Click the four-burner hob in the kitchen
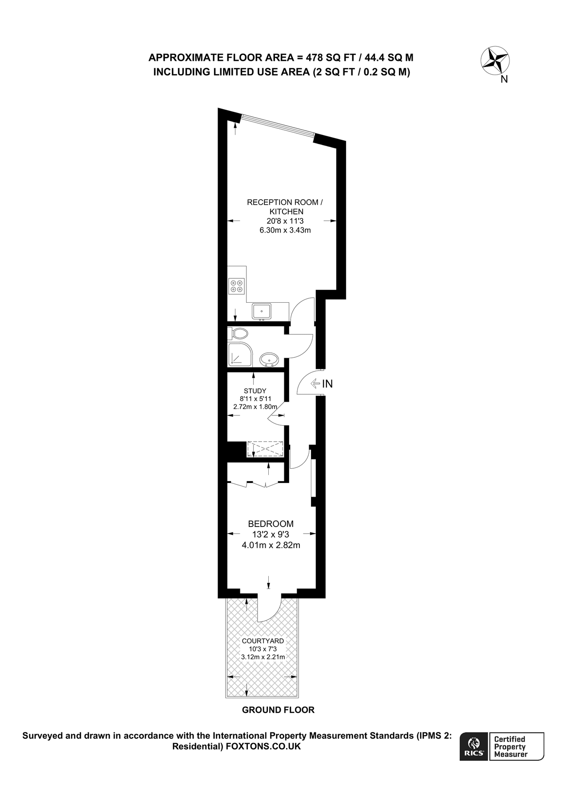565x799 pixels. click(x=236, y=285)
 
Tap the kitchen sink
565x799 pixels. click(x=262, y=311)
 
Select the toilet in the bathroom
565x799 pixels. click(x=239, y=333)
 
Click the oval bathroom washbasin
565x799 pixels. click(x=269, y=359)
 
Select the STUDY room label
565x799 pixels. click(x=255, y=391)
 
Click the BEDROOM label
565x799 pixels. click(x=271, y=524)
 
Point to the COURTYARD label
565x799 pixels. click(x=263, y=641)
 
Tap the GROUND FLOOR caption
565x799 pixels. click(x=278, y=710)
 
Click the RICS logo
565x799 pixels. click(x=474, y=746)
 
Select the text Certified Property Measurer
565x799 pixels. click(x=511, y=746)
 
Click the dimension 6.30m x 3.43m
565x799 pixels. click(x=285, y=230)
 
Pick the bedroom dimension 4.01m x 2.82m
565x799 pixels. click(x=271, y=545)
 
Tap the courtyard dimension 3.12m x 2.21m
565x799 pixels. click(x=263, y=657)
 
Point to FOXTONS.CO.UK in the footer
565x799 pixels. click(x=263, y=747)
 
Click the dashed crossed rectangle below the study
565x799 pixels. click(x=265, y=449)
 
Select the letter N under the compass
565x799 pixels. click(x=504, y=79)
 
